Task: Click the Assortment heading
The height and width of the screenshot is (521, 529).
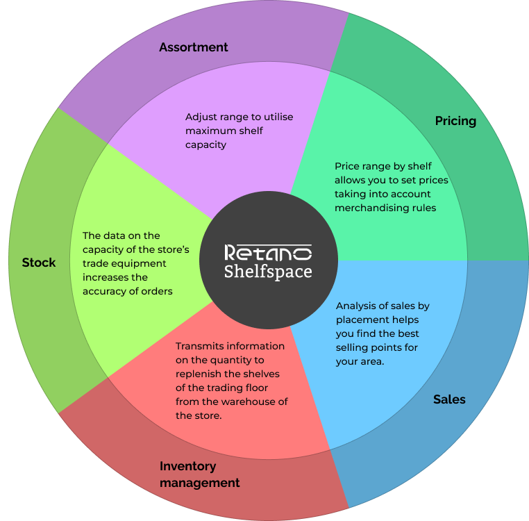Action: coord(193,47)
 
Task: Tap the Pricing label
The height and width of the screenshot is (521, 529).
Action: coord(455,121)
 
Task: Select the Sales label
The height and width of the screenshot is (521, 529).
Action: coord(449,399)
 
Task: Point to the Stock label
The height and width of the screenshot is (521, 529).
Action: coord(39,263)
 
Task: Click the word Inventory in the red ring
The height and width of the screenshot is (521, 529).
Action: coord(187,467)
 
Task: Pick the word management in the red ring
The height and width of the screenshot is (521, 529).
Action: coord(200,483)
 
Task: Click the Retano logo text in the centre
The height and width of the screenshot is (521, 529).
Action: coord(268,253)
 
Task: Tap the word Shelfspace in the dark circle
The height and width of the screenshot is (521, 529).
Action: coord(268,272)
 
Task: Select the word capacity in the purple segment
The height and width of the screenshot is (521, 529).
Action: coord(205,145)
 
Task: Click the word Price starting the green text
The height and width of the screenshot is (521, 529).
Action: coord(346,166)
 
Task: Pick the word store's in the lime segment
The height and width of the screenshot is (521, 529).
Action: coord(172,249)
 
